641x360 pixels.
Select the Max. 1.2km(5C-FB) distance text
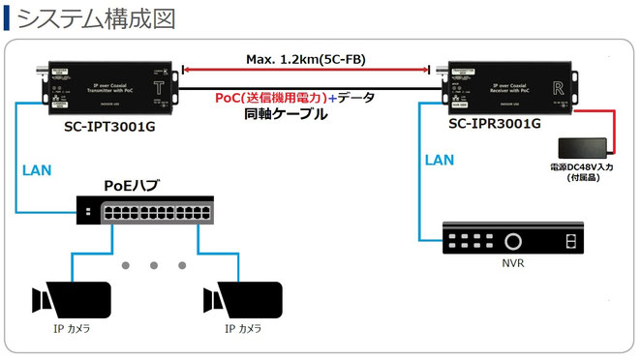(x=307, y=60)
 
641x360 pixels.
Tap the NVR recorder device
(x=515, y=239)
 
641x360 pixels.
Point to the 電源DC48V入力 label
(x=580, y=170)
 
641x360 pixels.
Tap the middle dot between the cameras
(x=155, y=265)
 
